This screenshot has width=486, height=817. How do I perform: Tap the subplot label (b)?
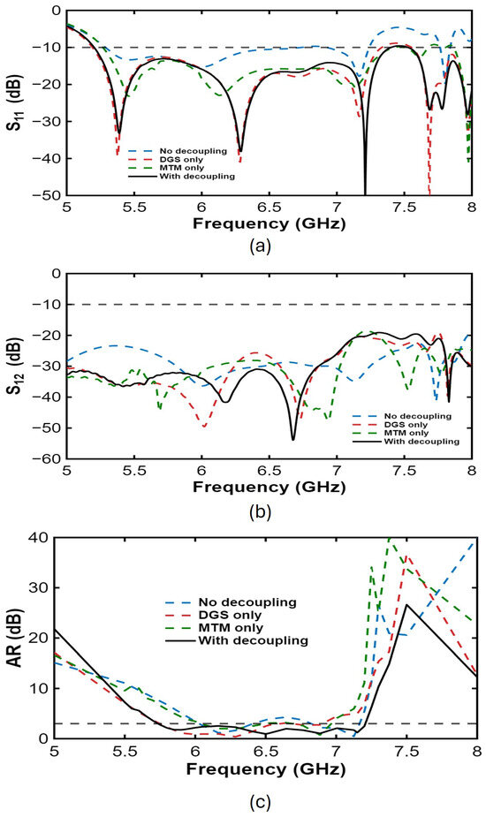click(x=260, y=511)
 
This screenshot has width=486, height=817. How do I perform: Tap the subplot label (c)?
click(x=260, y=801)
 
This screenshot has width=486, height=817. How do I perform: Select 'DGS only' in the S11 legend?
click(x=182, y=160)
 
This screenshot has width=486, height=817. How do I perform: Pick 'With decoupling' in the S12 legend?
click(x=421, y=442)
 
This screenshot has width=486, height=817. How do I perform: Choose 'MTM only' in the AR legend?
click(x=231, y=628)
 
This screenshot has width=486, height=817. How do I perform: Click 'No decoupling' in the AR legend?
click(x=247, y=603)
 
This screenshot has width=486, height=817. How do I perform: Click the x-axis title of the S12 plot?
click(x=269, y=488)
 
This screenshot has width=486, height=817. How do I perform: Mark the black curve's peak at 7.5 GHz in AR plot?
click(x=406, y=604)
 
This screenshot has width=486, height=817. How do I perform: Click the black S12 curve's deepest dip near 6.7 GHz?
click(x=293, y=439)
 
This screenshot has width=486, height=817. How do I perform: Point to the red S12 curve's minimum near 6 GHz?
click(x=204, y=427)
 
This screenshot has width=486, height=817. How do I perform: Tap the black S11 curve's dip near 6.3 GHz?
click(x=240, y=150)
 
